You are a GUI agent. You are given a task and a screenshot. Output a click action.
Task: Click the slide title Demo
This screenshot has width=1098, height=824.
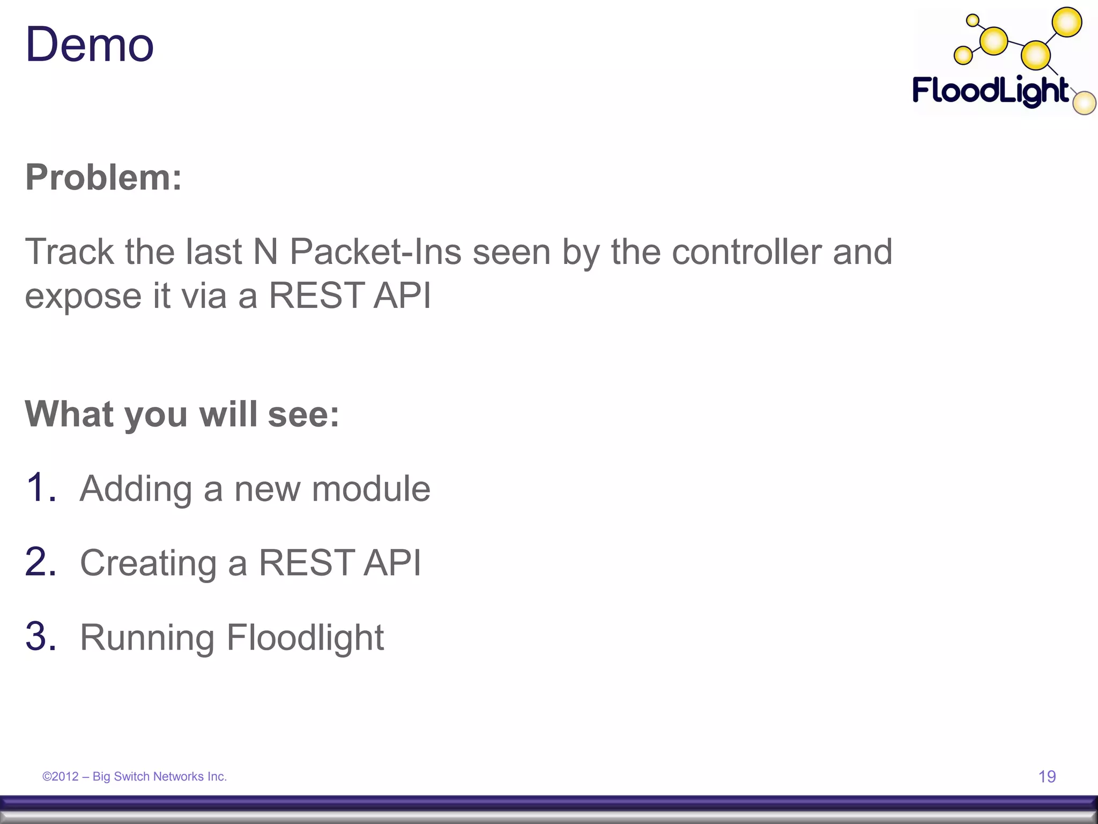pyautogui.click(x=90, y=45)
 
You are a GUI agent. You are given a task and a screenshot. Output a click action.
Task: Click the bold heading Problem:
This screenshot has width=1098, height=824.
pyautogui.click(x=103, y=177)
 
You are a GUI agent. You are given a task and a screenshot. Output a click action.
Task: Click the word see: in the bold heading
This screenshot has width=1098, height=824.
pyautogui.click(x=303, y=415)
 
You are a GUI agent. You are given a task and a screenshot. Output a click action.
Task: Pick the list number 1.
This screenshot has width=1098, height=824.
pyautogui.click(x=40, y=488)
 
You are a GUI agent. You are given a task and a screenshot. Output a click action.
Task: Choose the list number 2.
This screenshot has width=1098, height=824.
pyautogui.click(x=40, y=562)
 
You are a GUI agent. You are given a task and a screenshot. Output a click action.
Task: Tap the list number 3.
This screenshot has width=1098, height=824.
pyautogui.click(x=40, y=637)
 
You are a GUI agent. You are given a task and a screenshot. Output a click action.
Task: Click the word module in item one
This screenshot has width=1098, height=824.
pyautogui.click(x=371, y=489)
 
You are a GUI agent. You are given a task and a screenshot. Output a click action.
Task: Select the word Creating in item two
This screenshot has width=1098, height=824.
pyautogui.click(x=148, y=563)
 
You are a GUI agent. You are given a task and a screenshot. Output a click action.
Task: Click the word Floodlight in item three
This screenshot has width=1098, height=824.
pyautogui.click(x=305, y=637)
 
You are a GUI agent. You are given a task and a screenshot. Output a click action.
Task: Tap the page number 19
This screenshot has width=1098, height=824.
pyautogui.click(x=1047, y=776)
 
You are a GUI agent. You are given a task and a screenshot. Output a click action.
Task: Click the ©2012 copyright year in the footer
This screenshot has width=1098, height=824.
pyautogui.click(x=61, y=776)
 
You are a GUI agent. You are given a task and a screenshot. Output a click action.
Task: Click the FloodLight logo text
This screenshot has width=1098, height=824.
pyautogui.click(x=990, y=91)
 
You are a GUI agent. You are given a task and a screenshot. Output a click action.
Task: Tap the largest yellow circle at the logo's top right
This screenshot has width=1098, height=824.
pyautogui.click(x=1067, y=23)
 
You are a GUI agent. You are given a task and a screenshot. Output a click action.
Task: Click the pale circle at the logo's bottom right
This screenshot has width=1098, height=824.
pyautogui.click(x=1084, y=104)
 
